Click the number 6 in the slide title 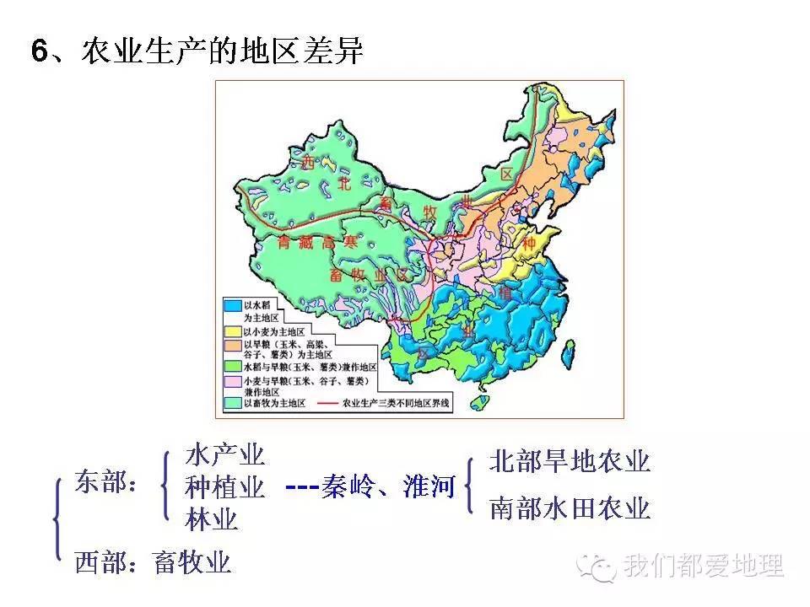(40, 52)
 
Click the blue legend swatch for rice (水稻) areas (233, 305)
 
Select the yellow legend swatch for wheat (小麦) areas (233, 331)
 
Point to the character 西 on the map (307, 160)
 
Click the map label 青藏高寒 (318, 243)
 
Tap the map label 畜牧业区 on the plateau (367, 276)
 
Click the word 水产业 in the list (225, 456)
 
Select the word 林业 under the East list (212, 518)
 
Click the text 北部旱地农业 (570, 462)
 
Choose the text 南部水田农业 (570, 509)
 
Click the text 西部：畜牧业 (153, 562)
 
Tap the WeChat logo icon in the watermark (602, 567)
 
